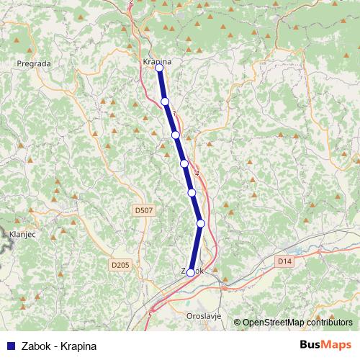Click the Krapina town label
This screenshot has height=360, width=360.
[157, 62]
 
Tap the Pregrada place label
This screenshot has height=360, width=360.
[34, 63]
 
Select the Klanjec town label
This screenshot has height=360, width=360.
[22, 234]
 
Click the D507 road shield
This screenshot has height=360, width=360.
[143, 210]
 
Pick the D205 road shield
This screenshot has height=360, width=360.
[120, 266]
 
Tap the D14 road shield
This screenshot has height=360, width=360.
[285, 262]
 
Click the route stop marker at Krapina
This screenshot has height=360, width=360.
[159, 68]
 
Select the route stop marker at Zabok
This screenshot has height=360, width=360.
[190, 273]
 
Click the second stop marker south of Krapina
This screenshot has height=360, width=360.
[176, 135]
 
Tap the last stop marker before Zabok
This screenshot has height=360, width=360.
[201, 223]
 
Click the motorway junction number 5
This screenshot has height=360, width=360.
[150, 315]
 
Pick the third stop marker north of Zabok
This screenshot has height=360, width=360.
[184, 163]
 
